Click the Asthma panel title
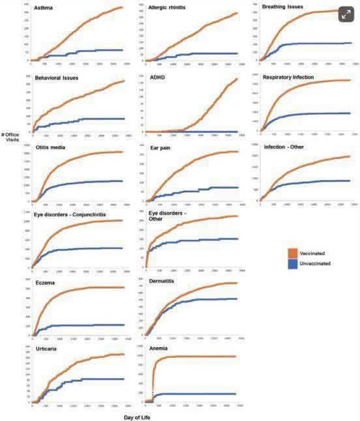[44, 9]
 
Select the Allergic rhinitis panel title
[167, 8]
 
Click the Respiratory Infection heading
[290, 78]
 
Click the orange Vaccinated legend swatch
[293, 254]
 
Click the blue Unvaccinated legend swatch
[293, 263]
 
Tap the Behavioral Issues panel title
[57, 78]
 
